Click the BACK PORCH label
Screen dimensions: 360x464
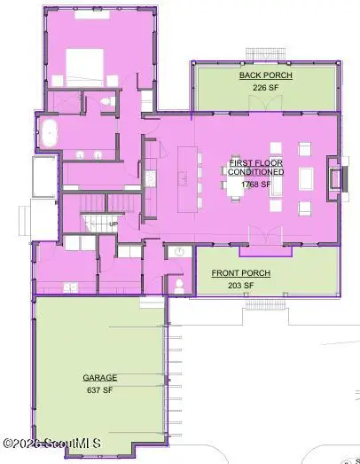point(266,75)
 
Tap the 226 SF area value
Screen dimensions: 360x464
point(266,88)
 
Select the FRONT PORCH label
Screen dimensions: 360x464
point(241,273)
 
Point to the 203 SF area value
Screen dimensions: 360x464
point(241,286)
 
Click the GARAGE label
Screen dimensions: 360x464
point(100,378)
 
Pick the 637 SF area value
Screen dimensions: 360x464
point(100,390)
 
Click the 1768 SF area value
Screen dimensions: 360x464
point(256,185)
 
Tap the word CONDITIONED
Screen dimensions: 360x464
point(256,172)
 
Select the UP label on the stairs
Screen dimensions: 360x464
point(113,224)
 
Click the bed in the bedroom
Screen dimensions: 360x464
point(84,67)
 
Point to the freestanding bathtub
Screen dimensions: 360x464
point(49,133)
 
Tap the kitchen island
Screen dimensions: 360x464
point(188,179)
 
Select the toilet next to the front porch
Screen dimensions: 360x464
point(179,286)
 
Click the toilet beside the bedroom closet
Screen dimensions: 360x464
point(107,101)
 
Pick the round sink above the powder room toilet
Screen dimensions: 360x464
point(179,252)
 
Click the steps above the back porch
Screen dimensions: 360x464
point(266,54)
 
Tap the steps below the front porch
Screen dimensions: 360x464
point(266,304)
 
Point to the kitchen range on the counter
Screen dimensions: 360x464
point(151,178)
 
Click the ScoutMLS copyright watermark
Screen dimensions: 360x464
point(52,444)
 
